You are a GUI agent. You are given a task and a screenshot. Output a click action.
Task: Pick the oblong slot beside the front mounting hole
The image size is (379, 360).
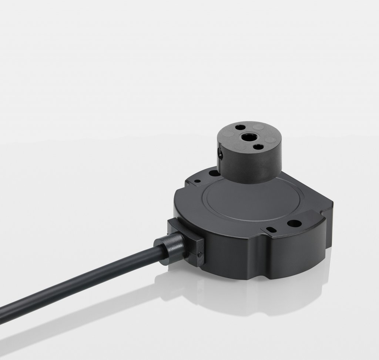[x=273, y=229]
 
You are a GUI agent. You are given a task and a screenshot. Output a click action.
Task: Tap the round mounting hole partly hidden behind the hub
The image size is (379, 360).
[x=214, y=173]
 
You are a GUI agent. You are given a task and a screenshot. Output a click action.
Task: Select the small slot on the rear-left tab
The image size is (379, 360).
[x=198, y=181]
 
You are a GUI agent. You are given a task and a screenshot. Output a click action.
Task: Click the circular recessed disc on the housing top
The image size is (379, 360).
[x=237, y=204]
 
